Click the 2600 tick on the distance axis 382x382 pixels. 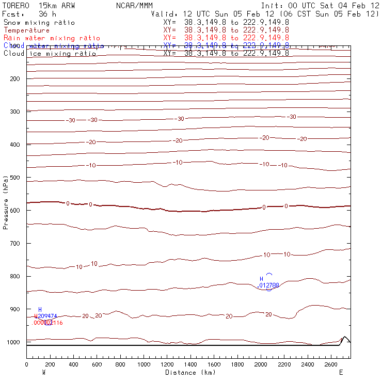331,365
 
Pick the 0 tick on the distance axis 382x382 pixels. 26,365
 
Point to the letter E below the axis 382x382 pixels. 341,372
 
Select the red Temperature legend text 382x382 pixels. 26,30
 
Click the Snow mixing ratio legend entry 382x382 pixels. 39,23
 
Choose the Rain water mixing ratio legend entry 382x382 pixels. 52,38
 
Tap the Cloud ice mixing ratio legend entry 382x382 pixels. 50,54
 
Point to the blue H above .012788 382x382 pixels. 261,279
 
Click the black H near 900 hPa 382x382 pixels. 40,309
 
